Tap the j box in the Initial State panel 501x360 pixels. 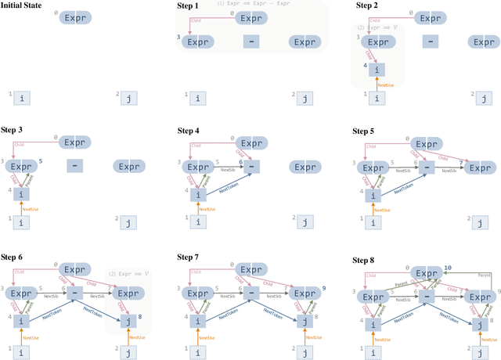coord(128,98)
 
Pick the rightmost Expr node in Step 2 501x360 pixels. coord(484,41)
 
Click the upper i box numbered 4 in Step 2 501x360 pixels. coord(378,70)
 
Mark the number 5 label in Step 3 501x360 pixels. coord(41,161)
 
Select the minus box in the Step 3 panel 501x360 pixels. coord(76,166)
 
